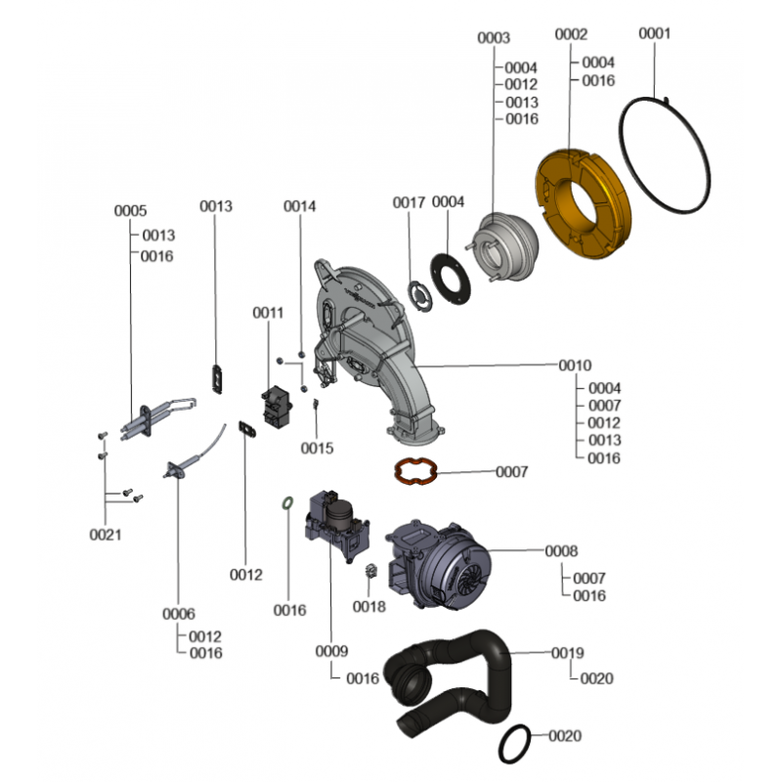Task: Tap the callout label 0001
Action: (x=654, y=33)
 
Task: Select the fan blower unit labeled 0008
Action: (x=439, y=564)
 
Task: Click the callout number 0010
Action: (x=575, y=366)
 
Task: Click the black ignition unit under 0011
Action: (x=278, y=407)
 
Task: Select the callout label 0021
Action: (x=106, y=535)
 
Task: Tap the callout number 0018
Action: (x=369, y=606)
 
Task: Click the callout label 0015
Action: (x=317, y=449)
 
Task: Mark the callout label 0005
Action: (x=130, y=210)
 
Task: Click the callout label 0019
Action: (x=568, y=653)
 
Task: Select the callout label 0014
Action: (x=299, y=206)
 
